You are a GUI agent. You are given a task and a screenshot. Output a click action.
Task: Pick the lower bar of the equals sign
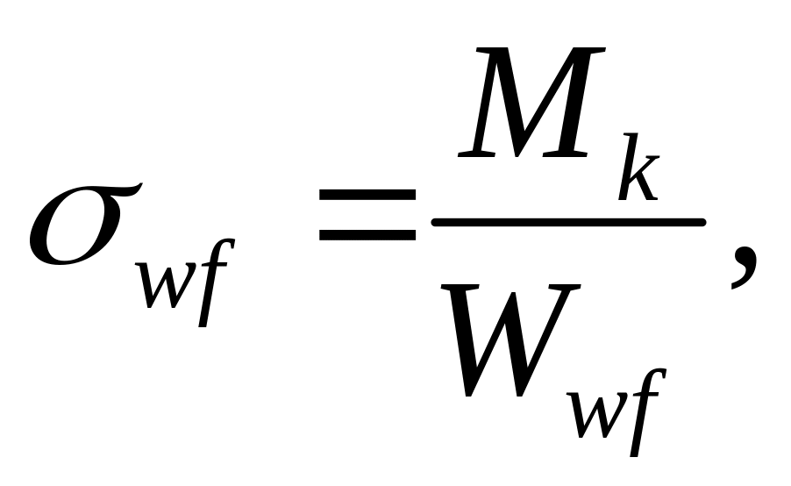tap(367, 235)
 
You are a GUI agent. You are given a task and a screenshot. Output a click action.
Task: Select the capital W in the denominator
tap(510, 339)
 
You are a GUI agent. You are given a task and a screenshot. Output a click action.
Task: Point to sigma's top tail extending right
tap(124, 190)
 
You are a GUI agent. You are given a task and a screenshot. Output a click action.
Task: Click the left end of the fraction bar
tap(434, 222)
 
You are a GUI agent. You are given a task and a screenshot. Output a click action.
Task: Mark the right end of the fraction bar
tap(702, 222)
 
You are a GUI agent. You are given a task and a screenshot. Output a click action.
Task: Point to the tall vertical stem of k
tap(629, 167)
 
